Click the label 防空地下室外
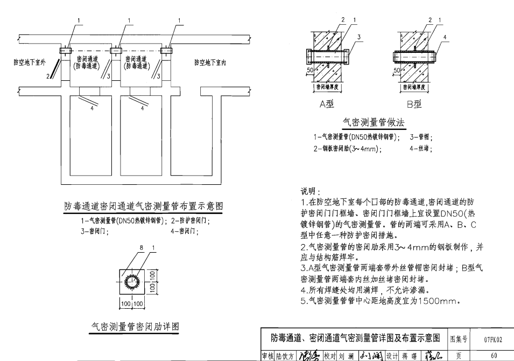coord(30,62)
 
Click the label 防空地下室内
coord(210,62)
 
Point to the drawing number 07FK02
coord(492,339)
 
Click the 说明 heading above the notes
coord(310,191)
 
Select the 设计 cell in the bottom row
coord(391,355)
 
